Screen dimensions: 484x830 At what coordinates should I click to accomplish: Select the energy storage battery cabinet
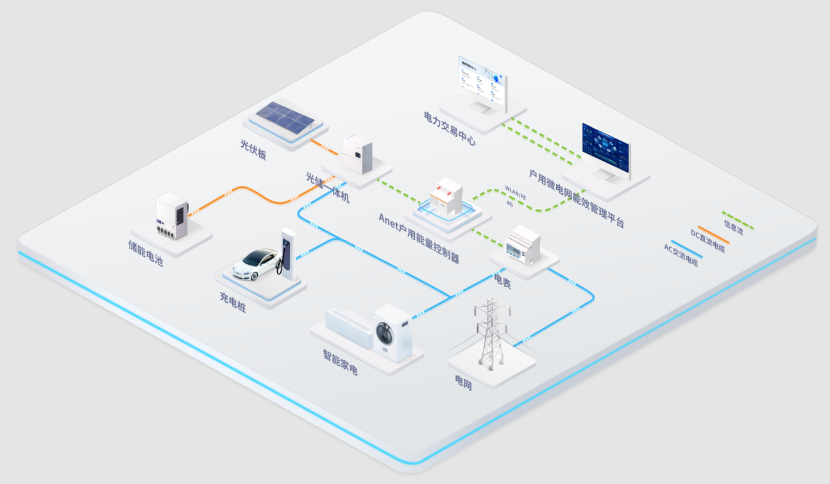tap(171, 216)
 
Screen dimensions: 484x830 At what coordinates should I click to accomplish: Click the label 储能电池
tap(146, 253)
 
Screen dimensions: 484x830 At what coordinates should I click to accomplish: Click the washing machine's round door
tap(385, 333)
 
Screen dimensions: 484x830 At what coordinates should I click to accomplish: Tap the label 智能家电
tap(340, 362)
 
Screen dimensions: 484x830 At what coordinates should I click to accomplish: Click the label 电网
tap(463, 383)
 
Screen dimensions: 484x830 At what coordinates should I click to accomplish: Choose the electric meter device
tap(523, 244)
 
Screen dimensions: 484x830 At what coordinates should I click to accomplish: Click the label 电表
tap(502, 281)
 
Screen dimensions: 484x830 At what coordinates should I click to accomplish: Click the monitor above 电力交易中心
tap(482, 81)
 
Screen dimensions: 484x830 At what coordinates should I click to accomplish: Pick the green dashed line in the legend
tap(738, 219)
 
